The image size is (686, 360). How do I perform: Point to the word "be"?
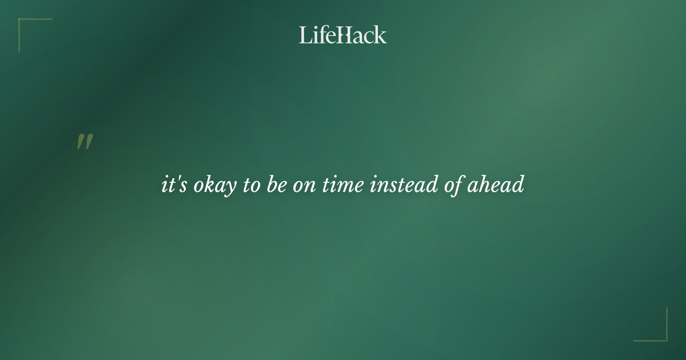(x=276, y=185)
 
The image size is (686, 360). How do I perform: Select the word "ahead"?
(x=496, y=185)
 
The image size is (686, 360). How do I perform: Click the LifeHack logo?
(x=343, y=35)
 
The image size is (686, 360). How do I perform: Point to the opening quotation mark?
(x=85, y=142)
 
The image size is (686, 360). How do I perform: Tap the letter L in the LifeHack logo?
(x=305, y=35)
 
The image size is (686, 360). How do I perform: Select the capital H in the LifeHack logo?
(x=342, y=35)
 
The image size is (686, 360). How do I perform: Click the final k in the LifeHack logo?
(x=381, y=35)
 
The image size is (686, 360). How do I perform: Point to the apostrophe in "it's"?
(x=176, y=180)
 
